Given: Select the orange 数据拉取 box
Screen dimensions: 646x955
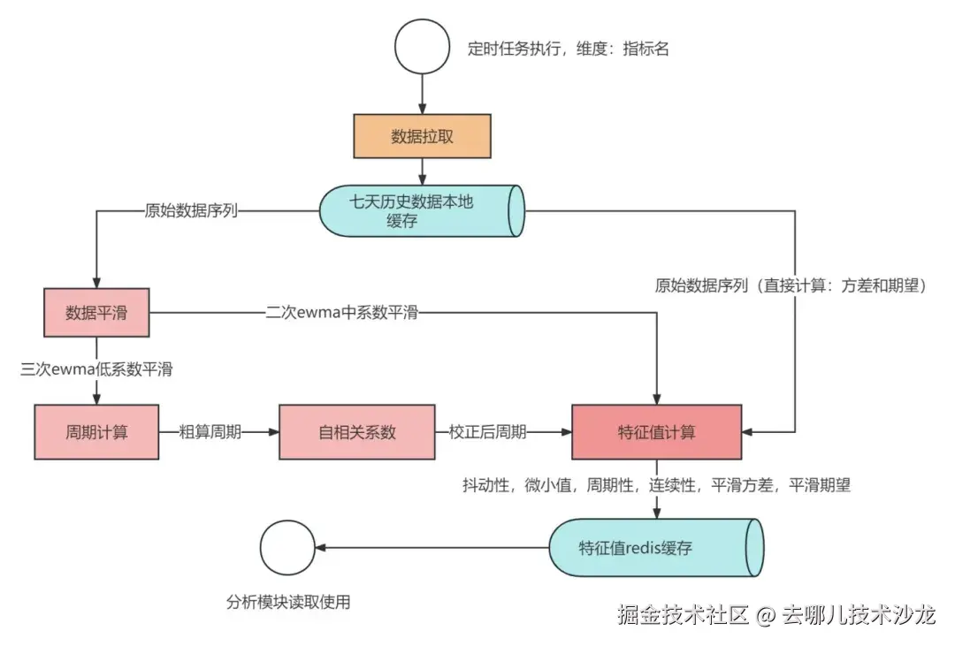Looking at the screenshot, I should click(422, 136).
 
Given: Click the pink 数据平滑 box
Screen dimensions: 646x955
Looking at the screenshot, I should click(96, 313).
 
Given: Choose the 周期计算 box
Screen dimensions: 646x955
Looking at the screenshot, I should click(96, 432).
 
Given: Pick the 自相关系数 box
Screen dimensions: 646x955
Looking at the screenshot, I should click(356, 432).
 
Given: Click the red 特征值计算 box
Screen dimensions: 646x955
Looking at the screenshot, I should click(656, 432).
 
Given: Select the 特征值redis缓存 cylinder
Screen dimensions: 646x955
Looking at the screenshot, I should click(654, 547).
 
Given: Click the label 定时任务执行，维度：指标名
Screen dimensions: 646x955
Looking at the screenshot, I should click(569, 49).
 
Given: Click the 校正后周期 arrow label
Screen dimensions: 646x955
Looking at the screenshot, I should click(487, 432).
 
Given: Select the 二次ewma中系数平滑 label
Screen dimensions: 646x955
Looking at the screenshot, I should click(341, 313).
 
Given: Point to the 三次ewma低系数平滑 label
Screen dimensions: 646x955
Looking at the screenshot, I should click(96, 369).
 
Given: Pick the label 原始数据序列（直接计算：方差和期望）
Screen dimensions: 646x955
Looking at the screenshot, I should click(790, 285).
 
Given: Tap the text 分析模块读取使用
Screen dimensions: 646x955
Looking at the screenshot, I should click(288, 602).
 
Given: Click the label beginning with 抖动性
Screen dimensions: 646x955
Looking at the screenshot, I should click(656, 485).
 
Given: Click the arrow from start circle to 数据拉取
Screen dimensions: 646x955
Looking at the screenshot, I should click(422, 94).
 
